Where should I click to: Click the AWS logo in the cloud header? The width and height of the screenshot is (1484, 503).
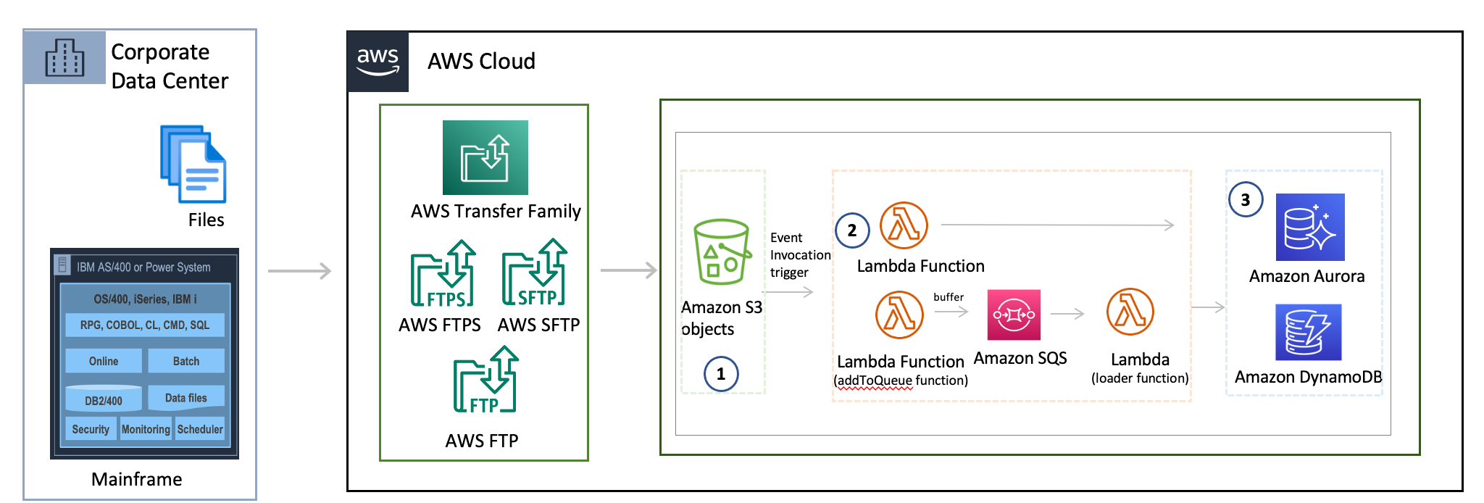coord(378,62)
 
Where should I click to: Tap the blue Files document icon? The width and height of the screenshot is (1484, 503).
coord(193,165)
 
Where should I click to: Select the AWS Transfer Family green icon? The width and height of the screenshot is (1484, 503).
coord(485,157)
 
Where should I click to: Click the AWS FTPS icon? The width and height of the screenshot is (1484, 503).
coord(443,273)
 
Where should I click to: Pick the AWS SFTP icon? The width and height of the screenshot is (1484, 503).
coord(535,273)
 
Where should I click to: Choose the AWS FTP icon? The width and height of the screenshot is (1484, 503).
coord(485,380)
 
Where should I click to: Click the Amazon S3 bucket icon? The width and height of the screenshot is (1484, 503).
coord(721,251)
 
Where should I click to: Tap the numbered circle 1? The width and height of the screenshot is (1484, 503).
coord(721,374)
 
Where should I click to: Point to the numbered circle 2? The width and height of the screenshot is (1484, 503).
coord(852,230)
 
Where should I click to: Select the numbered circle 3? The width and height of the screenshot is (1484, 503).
coord(1246,200)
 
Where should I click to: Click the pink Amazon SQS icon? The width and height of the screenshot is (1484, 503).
coord(1014,315)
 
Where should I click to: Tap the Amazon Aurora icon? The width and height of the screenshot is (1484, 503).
coord(1309,227)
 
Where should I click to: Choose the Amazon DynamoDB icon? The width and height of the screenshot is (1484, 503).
coord(1308,332)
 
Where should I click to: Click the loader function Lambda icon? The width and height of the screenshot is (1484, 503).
coord(1130,312)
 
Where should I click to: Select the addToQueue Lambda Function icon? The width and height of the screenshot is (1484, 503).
coord(899,315)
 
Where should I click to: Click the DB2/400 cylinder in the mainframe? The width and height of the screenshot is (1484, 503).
coord(104,399)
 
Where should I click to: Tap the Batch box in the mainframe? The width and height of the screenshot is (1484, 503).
coord(186,361)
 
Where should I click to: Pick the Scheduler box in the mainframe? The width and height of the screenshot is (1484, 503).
coord(200,429)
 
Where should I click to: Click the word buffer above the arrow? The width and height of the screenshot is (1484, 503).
coord(949,297)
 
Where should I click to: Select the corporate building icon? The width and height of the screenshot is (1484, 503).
coord(64,58)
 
